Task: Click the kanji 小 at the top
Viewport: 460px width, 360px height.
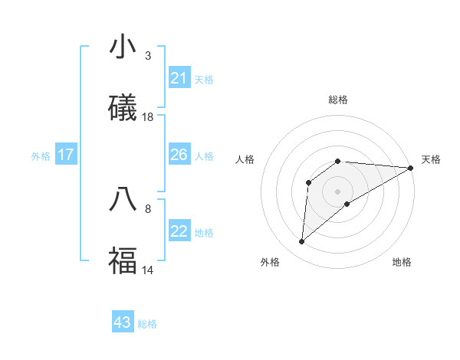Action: tap(123, 47)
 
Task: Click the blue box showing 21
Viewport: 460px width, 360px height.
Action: tap(179, 78)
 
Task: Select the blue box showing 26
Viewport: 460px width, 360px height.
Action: tap(179, 155)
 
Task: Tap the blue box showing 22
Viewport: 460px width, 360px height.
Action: tap(179, 231)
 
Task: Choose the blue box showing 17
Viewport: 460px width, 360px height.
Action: tap(66, 155)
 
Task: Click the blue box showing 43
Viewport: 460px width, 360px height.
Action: tap(123, 322)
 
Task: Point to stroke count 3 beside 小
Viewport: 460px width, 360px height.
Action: tap(148, 56)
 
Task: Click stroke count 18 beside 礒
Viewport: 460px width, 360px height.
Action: tap(148, 117)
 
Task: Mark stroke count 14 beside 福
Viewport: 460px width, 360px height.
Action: tap(148, 270)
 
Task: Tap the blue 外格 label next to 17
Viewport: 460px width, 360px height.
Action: tap(41, 155)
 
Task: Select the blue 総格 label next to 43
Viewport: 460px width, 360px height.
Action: tap(147, 324)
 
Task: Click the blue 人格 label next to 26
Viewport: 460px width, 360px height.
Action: tap(204, 156)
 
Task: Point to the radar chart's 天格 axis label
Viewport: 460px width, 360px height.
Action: tap(431, 159)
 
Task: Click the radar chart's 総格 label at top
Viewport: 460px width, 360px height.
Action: tap(338, 100)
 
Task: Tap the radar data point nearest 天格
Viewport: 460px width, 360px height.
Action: tap(411, 168)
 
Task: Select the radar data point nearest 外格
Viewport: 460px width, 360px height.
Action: tap(301, 242)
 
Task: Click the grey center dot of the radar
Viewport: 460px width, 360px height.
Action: tap(338, 191)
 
